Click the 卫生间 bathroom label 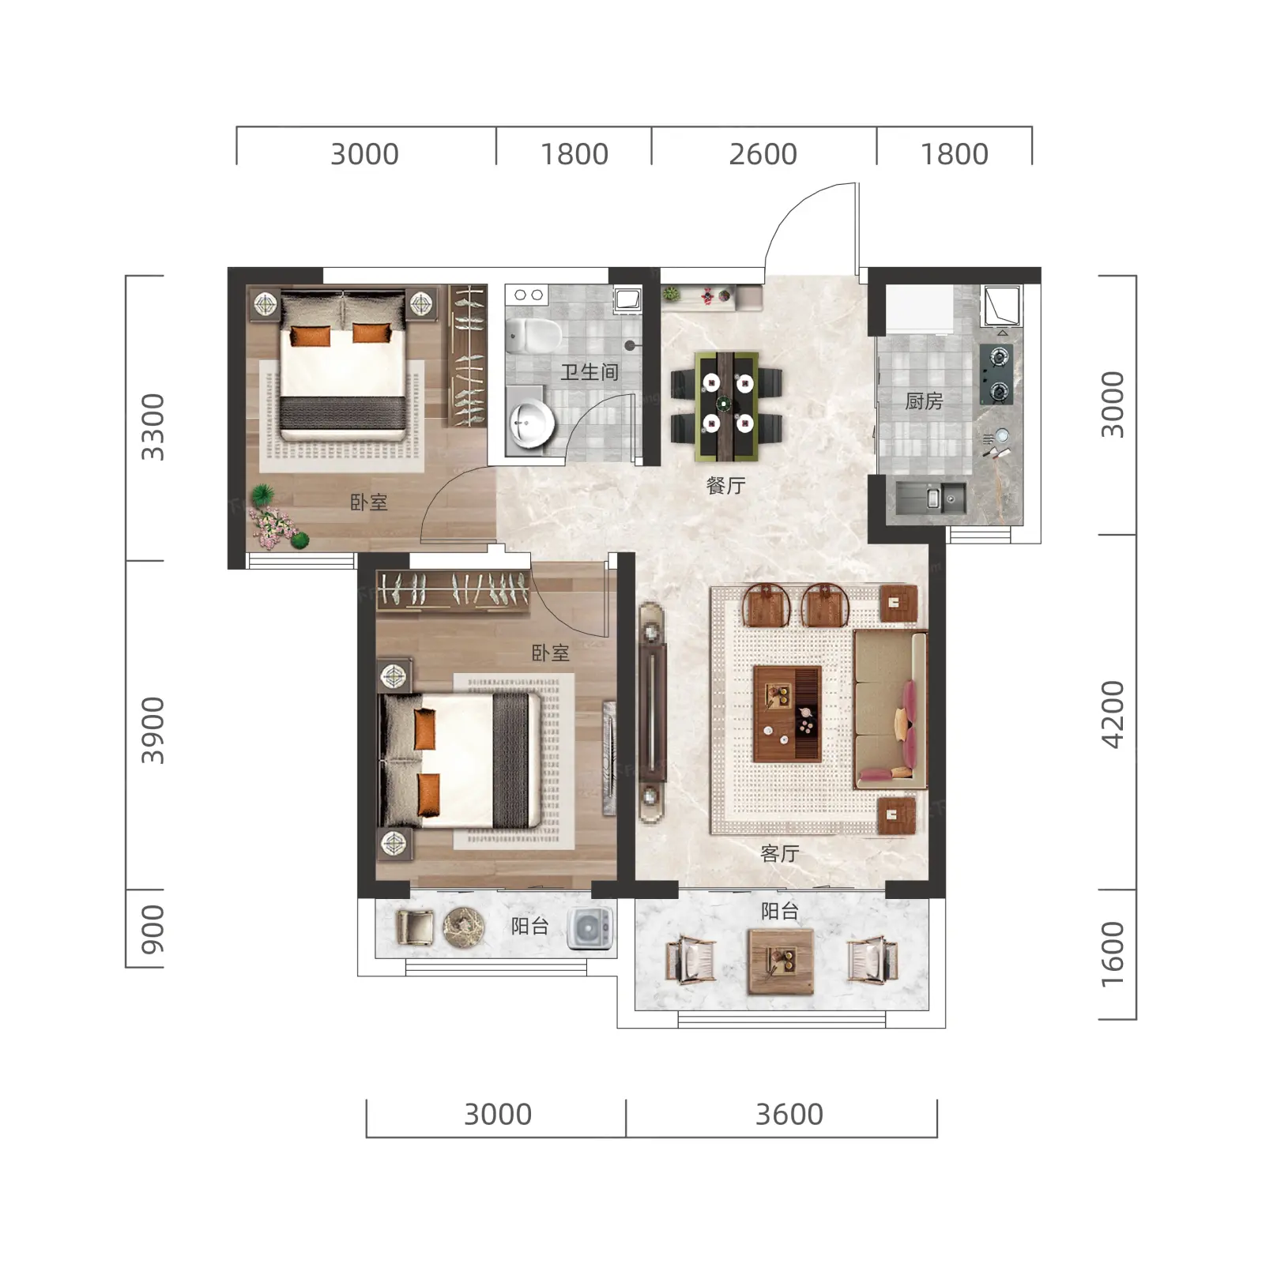(589, 372)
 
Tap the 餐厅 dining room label (725, 485)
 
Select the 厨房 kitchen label (924, 401)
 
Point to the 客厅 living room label (779, 853)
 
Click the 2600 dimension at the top (763, 154)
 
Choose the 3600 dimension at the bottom (789, 1115)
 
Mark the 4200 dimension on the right (1112, 714)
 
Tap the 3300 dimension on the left (153, 427)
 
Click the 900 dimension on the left (153, 930)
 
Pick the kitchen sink (931, 498)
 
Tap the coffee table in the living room (787, 714)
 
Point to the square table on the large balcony (781, 961)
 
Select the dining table (726, 406)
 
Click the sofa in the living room (890, 709)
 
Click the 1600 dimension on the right (1112, 954)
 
